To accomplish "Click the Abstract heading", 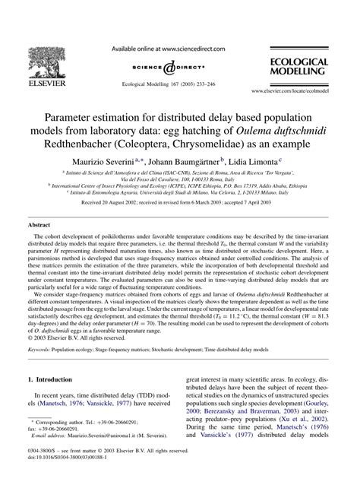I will tap(39, 226).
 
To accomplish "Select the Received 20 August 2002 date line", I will tap(180, 204).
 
